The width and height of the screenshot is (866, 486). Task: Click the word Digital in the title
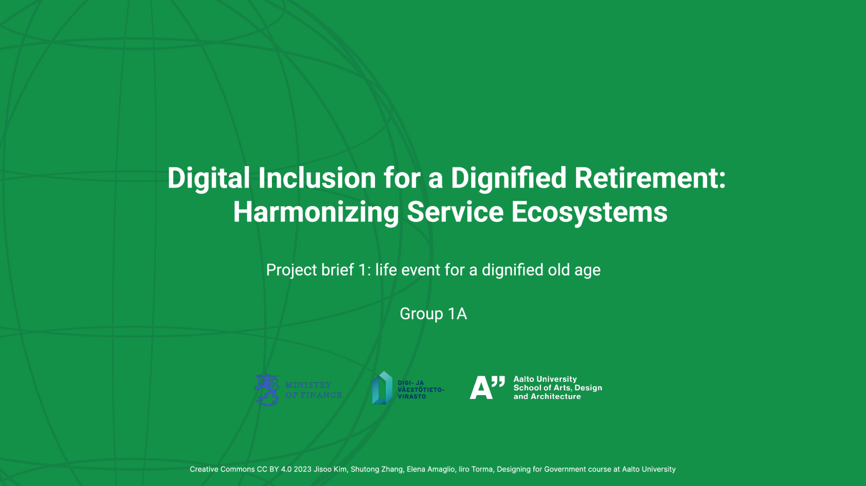pyautogui.click(x=209, y=178)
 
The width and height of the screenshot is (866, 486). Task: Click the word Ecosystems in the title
pyautogui.click(x=589, y=212)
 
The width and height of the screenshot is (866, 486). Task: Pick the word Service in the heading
pyautogui.click(x=455, y=212)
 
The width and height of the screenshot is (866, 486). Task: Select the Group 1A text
pyautogui.click(x=433, y=314)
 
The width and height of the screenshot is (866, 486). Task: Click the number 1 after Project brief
pyautogui.click(x=362, y=270)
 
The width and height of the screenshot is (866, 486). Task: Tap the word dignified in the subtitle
pyautogui.click(x=513, y=270)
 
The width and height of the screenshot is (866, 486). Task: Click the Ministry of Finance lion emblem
pyautogui.click(x=266, y=389)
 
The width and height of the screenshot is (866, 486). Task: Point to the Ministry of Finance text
pyautogui.click(x=313, y=390)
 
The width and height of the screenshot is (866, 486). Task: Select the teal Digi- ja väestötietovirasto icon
pyautogui.click(x=382, y=388)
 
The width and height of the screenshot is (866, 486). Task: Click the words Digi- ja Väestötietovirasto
pyautogui.click(x=420, y=389)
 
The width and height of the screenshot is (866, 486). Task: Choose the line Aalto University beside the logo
pyautogui.click(x=545, y=379)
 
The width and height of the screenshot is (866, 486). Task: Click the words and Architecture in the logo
pyautogui.click(x=547, y=396)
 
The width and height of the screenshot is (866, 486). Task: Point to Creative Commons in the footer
pyautogui.click(x=222, y=469)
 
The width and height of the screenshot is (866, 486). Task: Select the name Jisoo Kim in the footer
pyautogui.click(x=331, y=469)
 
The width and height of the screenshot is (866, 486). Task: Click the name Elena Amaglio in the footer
pyautogui.click(x=431, y=470)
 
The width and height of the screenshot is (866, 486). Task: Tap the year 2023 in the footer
pyautogui.click(x=303, y=469)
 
